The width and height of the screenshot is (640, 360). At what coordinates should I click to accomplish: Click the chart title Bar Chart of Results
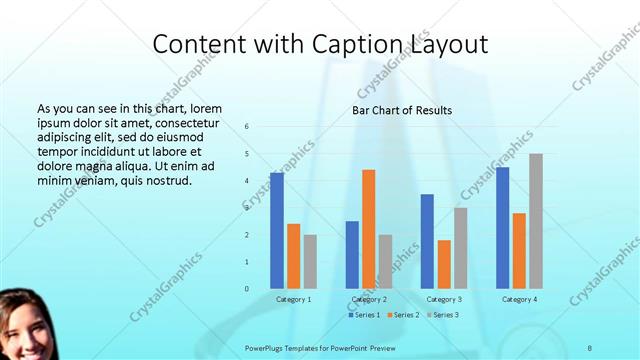pos(402,110)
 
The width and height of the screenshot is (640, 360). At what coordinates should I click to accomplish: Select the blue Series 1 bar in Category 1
pos(277,231)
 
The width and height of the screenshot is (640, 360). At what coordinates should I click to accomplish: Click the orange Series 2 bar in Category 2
pos(368,229)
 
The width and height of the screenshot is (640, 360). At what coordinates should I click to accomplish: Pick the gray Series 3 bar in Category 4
pos(536,221)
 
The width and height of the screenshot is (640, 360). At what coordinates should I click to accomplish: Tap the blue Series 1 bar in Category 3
pos(427,241)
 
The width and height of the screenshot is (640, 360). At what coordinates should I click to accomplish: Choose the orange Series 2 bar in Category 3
pos(444,264)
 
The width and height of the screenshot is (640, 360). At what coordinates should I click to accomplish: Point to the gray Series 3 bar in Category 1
pos(310,262)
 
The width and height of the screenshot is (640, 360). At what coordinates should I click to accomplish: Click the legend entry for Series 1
pos(364,315)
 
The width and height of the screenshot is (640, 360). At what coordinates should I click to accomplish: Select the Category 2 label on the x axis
pos(369,299)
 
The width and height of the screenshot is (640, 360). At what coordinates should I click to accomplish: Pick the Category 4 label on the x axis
pos(519,299)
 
